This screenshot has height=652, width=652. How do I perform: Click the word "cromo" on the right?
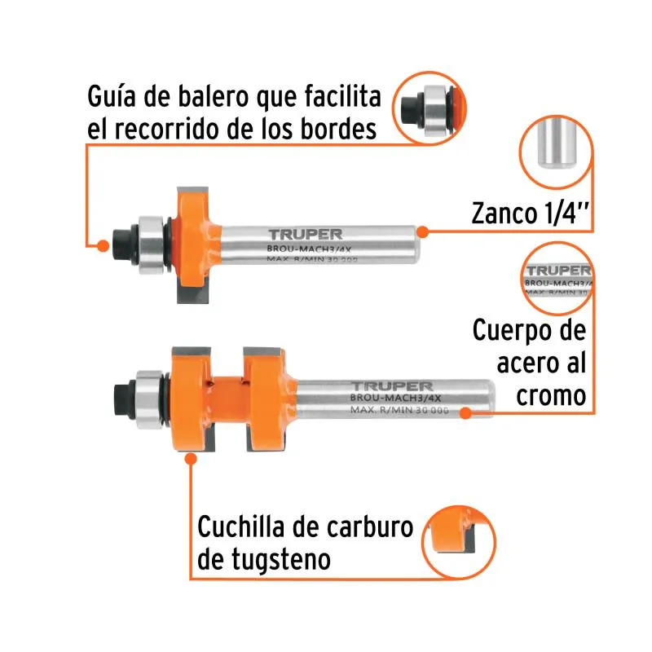552,395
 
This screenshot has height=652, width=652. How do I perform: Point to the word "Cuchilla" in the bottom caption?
241,526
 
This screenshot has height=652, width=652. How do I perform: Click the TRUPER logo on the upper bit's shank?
305,235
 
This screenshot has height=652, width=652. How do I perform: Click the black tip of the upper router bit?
121,246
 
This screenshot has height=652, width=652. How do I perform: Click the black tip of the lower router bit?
123,399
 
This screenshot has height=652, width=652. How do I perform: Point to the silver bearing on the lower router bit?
149,399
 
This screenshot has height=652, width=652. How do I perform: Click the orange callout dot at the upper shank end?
422,231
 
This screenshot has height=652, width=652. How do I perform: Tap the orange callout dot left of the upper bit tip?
103,246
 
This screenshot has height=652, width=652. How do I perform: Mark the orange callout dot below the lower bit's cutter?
191,459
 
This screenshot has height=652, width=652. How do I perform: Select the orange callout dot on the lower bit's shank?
465,413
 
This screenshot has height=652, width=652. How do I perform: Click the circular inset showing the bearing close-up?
430,108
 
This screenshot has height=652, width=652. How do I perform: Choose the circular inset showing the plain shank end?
556,152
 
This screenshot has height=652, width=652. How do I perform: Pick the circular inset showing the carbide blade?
459,542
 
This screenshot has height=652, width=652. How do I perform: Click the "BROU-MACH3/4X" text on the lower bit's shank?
395,398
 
